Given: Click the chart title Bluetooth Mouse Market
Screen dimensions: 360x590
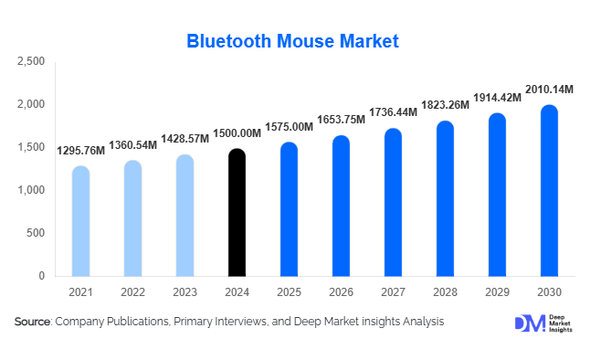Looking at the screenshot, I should click(293, 41).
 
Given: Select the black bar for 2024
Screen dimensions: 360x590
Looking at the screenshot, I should click(237, 212).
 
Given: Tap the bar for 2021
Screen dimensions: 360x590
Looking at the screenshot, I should click(80, 221).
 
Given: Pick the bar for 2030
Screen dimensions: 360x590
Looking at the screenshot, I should click(549, 190).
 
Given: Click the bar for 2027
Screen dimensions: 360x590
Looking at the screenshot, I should click(393, 202).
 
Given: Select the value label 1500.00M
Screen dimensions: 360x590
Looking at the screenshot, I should click(237, 133).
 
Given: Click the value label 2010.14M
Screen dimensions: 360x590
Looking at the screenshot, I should click(549, 90).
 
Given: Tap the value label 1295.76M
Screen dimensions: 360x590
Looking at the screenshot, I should click(80, 151).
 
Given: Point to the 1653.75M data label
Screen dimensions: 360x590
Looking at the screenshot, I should click(341, 121).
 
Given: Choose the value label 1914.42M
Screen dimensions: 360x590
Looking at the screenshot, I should click(497, 98).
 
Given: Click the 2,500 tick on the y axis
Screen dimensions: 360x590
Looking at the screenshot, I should click(31, 62).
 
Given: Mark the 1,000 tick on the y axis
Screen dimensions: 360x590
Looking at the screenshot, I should click(31, 190).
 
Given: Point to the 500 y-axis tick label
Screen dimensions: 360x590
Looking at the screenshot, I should click(35, 233).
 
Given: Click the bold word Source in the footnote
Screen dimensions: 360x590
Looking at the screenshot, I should click(33, 322).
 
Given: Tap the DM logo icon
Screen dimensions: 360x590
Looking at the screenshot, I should click(528, 323).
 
